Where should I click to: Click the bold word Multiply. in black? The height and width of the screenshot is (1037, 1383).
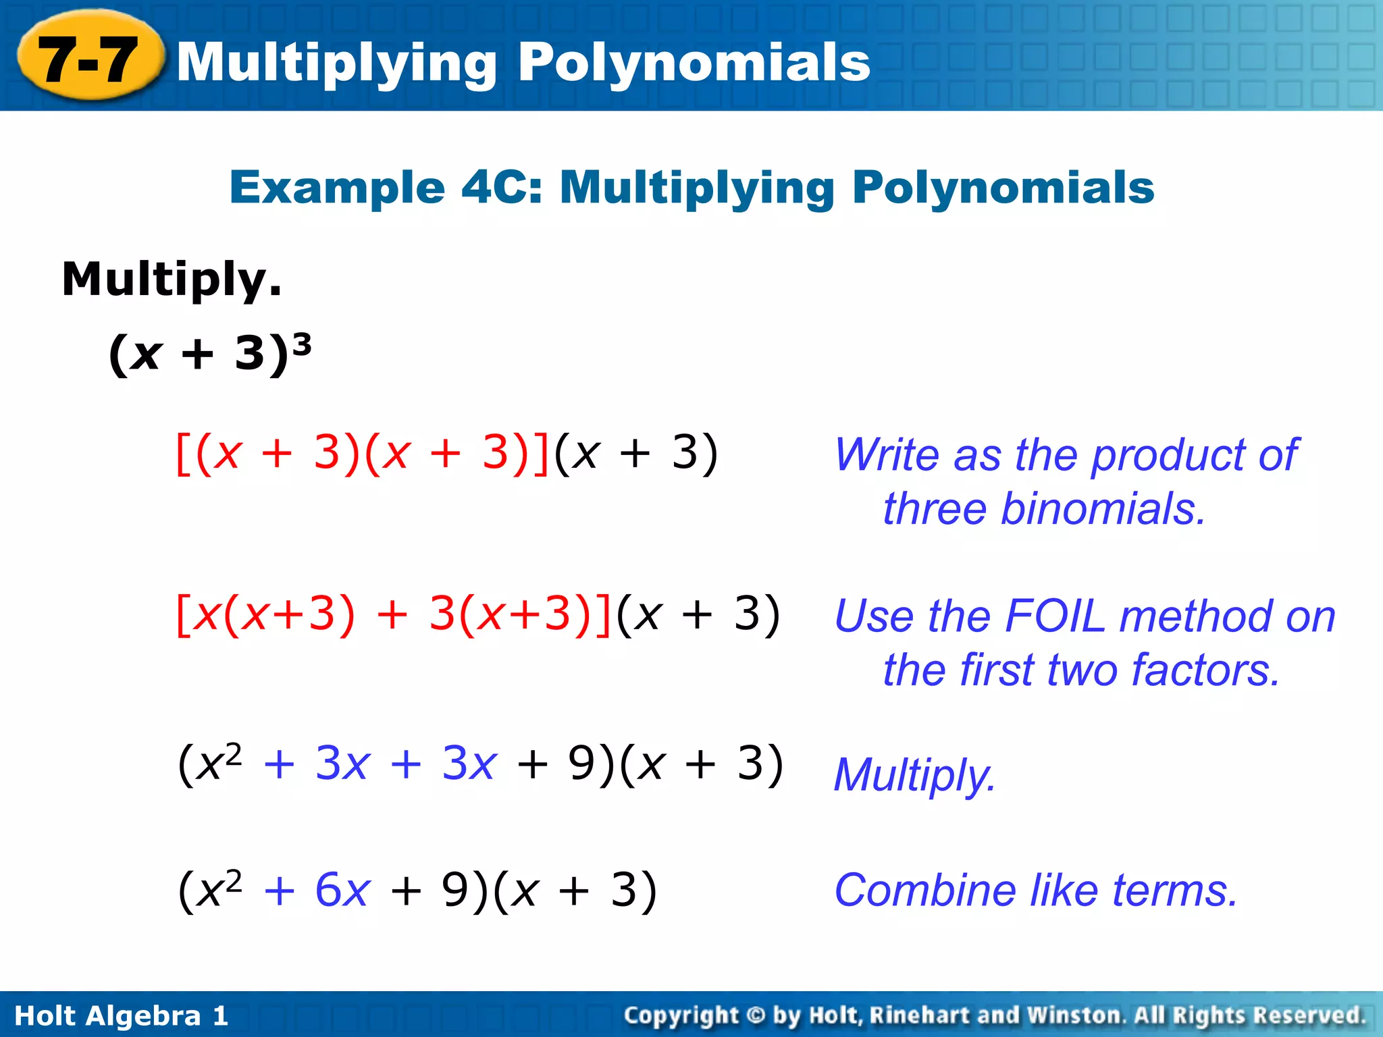[172, 280]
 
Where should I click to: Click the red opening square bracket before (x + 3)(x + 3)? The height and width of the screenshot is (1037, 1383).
[182, 454]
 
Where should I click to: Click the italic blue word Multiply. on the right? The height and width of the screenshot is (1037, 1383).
[914, 774]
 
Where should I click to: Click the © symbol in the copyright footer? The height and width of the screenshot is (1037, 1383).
[756, 1015]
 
